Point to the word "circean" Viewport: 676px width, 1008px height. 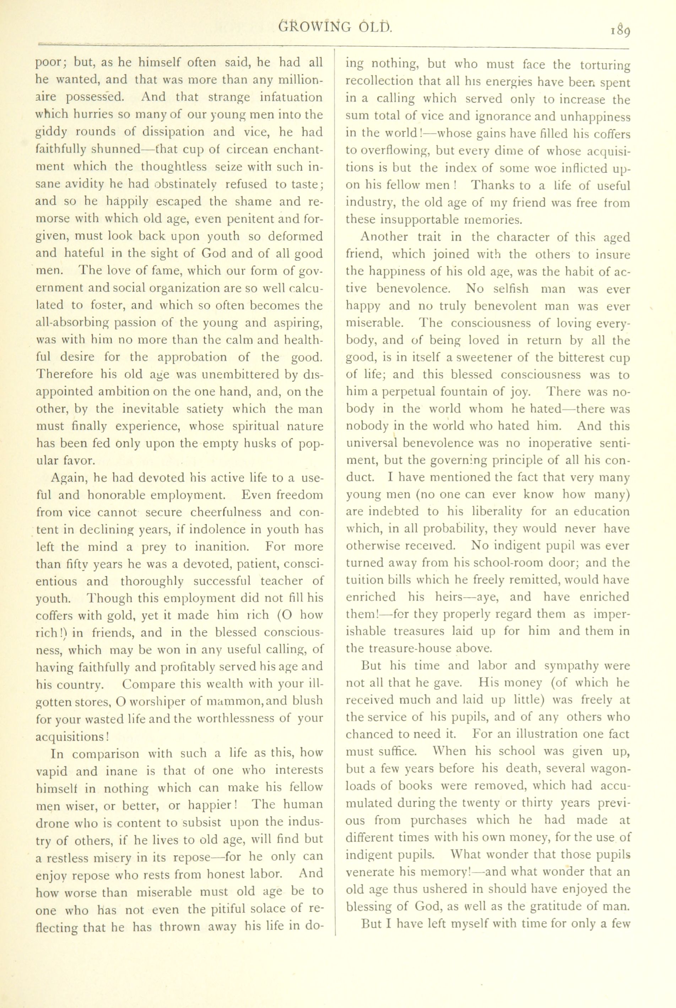(x=222, y=149)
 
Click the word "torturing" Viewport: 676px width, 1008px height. (x=605, y=65)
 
